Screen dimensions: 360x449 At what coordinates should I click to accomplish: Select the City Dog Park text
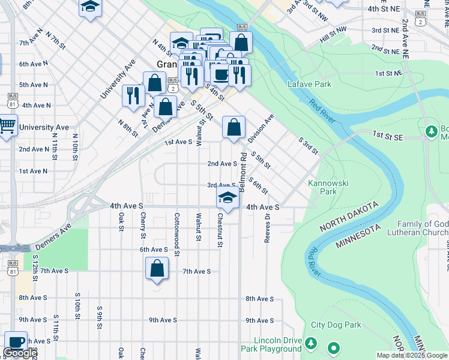[x=336, y=325]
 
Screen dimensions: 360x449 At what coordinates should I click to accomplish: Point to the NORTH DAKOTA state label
[x=349, y=217]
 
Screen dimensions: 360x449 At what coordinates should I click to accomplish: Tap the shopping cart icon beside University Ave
[x=7, y=126]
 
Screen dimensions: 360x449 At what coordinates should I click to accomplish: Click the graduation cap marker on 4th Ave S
[x=228, y=196]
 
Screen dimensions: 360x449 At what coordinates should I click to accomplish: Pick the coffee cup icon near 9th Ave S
[x=16, y=341]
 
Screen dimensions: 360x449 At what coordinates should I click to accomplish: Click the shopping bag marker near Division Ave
[x=234, y=127]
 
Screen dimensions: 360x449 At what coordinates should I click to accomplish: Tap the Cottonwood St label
[x=177, y=234]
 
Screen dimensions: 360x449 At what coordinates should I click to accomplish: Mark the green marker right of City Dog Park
[x=333, y=347]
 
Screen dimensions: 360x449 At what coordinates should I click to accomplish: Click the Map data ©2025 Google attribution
[x=412, y=356]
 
